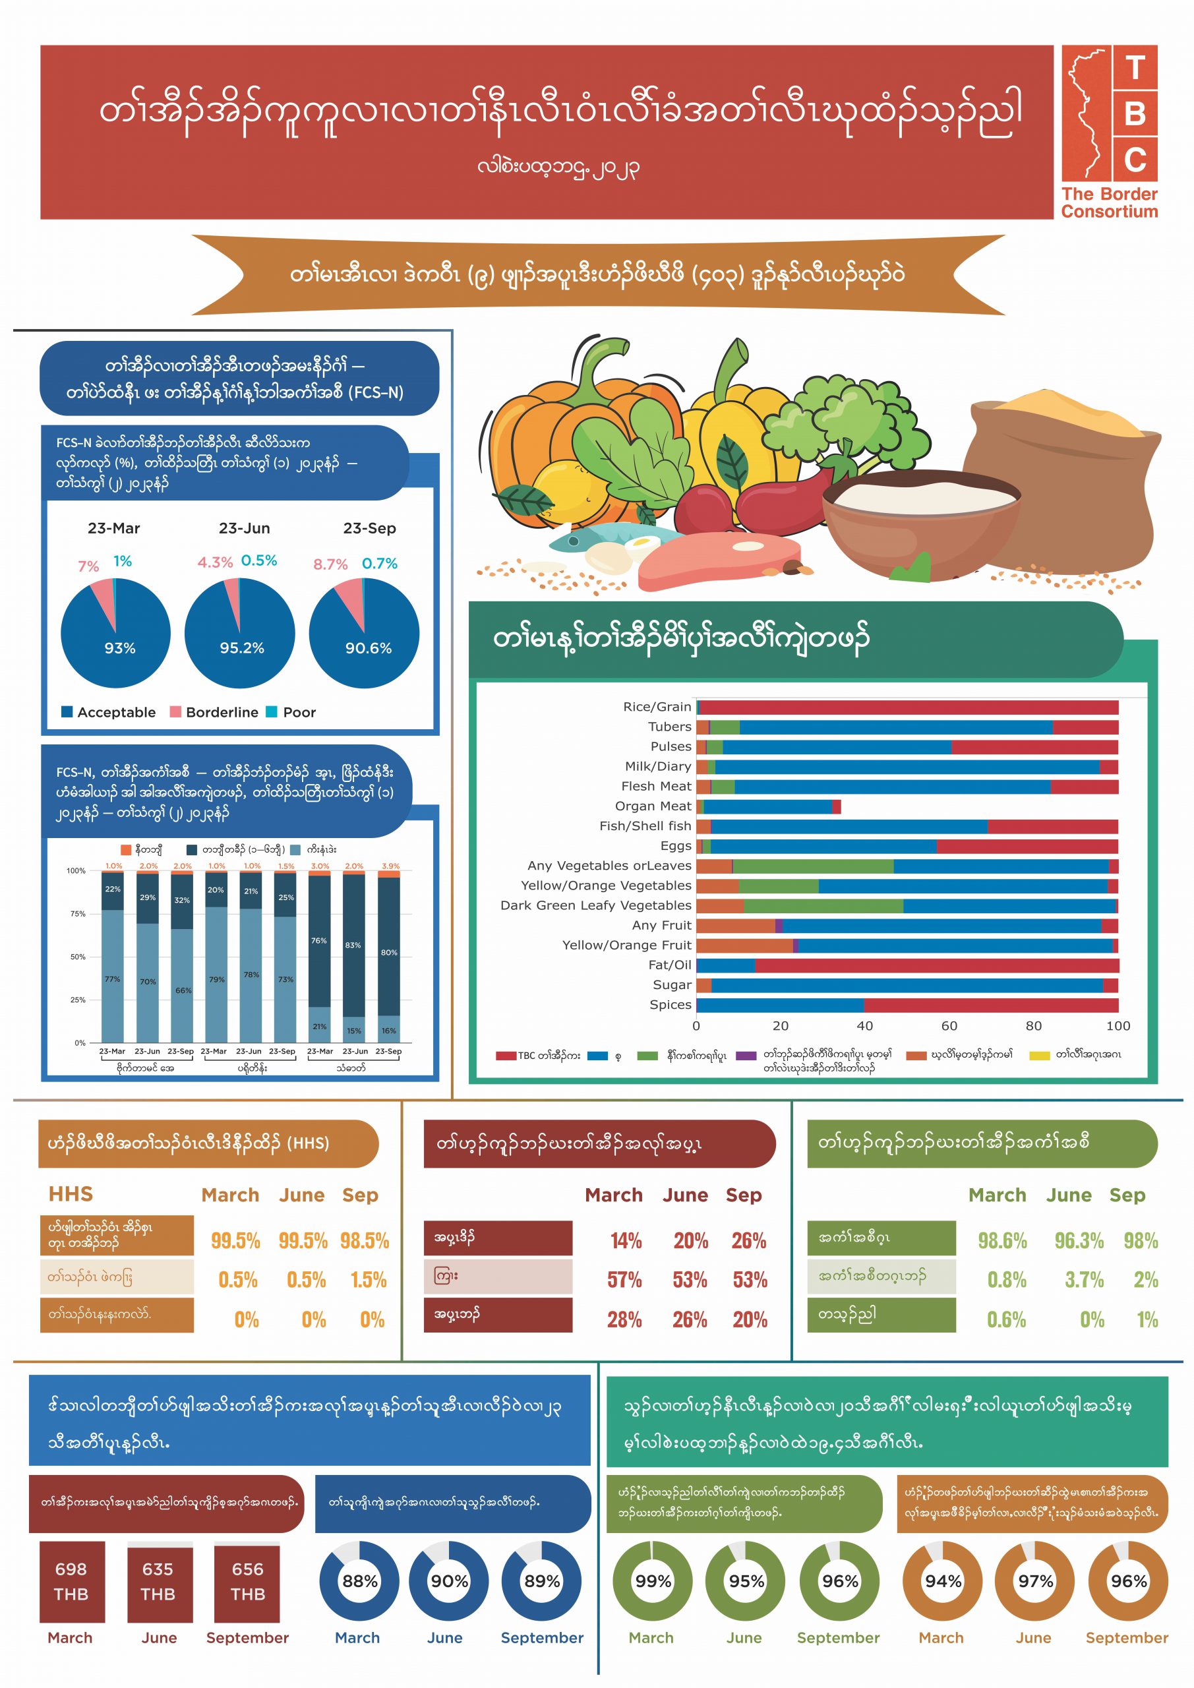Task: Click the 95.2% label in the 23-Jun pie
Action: [241, 648]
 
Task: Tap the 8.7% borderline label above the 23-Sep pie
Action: [330, 564]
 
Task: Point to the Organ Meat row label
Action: [653, 806]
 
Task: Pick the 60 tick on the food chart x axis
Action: [949, 1025]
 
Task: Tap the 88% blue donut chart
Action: [359, 1581]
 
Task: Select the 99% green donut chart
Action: [653, 1581]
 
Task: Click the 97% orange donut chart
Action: [1035, 1581]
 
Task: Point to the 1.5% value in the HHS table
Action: [369, 1280]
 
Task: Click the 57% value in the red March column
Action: [624, 1280]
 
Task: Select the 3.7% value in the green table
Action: [1084, 1280]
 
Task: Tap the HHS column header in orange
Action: [71, 1194]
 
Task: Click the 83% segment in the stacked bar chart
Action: [353, 946]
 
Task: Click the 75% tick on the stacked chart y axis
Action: [77, 914]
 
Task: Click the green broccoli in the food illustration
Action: [845, 423]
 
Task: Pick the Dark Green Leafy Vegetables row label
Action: [595, 905]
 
